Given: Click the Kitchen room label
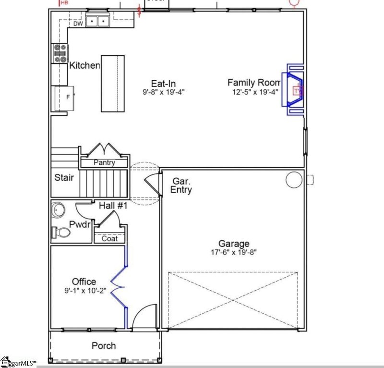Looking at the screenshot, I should pyautogui.click(x=84, y=65).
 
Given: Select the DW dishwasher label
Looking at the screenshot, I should pyautogui.click(x=78, y=24).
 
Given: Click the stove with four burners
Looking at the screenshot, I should pyautogui.click(x=60, y=53).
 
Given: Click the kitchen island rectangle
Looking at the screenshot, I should pyautogui.click(x=112, y=83).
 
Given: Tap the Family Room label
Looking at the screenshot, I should pyautogui.click(x=253, y=83).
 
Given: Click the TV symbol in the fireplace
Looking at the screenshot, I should pyautogui.click(x=298, y=90).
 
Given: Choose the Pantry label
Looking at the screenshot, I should pyautogui.click(x=104, y=163).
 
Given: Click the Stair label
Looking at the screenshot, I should pyautogui.click(x=64, y=178).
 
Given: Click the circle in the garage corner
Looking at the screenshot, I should pyautogui.click(x=293, y=180).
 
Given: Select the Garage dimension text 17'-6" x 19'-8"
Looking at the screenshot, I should pyautogui.click(x=234, y=253).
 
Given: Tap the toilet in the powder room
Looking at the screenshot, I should pyautogui.click(x=61, y=233).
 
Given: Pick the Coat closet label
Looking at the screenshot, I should pyautogui.click(x=109, y=238).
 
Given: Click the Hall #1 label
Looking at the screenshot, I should pyautogui.click(x=113, y=206).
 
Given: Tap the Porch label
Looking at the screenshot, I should pyautogui.click(x=104, y=345).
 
